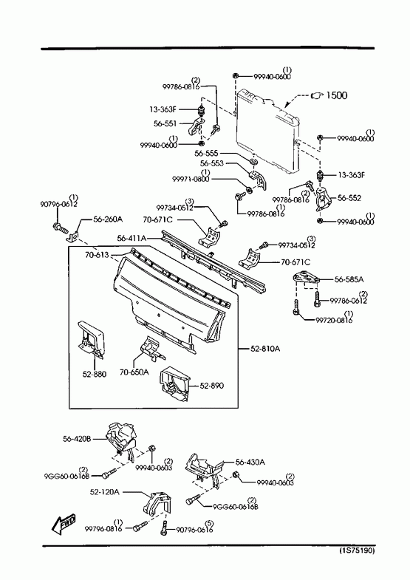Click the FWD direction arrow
(x=64, y=524)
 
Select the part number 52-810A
(x=265, y=349)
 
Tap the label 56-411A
(x=131, y=239)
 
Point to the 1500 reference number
(x=336, y=95)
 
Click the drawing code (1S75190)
(x=357, y=550)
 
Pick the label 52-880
(x=95, y=374)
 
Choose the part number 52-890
(x=212, y=386)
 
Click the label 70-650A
(x=134, y=372)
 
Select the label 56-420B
(x=77, y=439)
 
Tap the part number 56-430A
(x=250, y=462)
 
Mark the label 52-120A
(x=105, y=492)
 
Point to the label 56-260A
(x=108, y=219)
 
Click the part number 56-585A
(x=349, y=279)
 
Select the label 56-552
(x=349, y=198)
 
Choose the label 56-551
(x=165, y=123)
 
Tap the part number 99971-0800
(x=191, y=179)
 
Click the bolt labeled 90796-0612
(x=61, y=227)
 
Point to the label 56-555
(x=206, y=153)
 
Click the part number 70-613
(x=97, y=254)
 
